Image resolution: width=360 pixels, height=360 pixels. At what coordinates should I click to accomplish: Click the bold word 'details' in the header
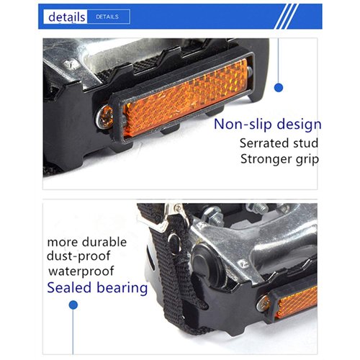click(68, 17)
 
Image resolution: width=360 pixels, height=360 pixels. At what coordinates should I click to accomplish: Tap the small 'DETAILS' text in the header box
click(107, 16)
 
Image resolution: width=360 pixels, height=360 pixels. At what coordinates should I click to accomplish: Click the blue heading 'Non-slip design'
click(267, 124)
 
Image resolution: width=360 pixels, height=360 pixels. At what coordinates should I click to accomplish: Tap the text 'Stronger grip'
click(279, 159)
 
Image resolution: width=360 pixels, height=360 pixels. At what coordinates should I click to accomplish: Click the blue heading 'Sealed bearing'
click(98, 289)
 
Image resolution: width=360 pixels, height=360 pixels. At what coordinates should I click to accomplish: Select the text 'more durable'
click(86, 242)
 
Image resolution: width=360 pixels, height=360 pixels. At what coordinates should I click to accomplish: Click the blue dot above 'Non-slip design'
click(279, 87)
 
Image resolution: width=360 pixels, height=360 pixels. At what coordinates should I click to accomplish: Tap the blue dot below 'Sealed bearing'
click(73, 305)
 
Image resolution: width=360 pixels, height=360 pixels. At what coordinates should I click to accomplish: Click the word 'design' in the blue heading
click(297, 124)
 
